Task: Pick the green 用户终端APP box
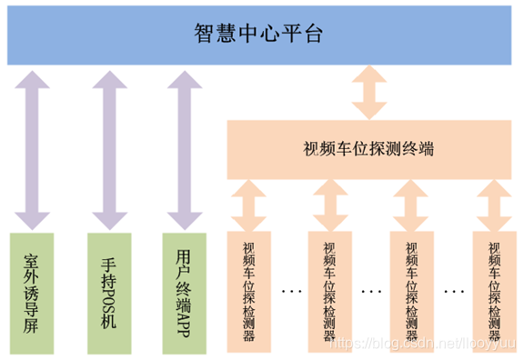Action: click(x=183, y=290)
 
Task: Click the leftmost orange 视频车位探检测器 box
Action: click(x=249, y=290)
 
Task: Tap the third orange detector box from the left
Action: click(x=410, y=290)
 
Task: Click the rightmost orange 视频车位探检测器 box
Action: click(x=494, y=290)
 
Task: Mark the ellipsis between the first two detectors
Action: click(x=292, y=292)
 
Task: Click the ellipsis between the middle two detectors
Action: click(x=371, y=292)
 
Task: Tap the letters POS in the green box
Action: click(x=109, y=292)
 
